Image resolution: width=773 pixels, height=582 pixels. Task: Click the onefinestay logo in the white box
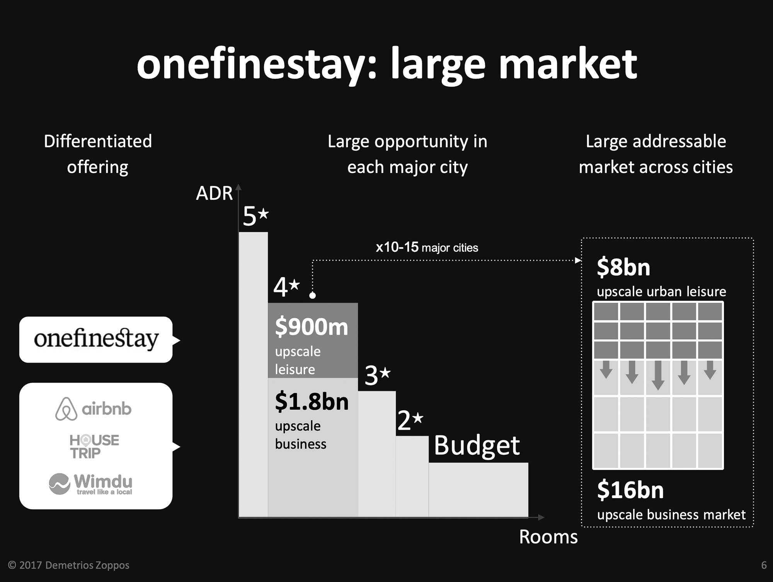tap(96, 339)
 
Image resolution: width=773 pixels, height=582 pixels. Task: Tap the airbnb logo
tap(93, 409)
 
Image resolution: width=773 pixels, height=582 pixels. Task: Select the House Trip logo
tap(94, 446)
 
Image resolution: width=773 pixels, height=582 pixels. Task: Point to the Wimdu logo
tap(91, 483)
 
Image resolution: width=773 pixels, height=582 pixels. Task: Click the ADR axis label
tap(214, 193)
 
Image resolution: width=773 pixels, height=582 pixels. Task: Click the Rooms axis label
tap(548, 537)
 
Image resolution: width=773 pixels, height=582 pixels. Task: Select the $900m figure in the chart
tap(312, 327)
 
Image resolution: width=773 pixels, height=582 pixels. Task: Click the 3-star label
tap(378, 375)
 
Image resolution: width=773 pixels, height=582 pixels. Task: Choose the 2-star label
tap(410, 420)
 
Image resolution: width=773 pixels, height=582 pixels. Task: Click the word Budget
tap(477, 446)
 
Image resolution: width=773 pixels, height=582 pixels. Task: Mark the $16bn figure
tap(630, 490)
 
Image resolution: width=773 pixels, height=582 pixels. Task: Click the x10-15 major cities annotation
tap(427, 247)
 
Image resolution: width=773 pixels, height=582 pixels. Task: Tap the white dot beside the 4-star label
tap(313, 295)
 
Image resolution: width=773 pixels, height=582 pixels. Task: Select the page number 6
tap(764, 565)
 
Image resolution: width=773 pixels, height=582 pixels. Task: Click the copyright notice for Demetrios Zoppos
tap(69, 565)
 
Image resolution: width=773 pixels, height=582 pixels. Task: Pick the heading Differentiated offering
tap(98, 154)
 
